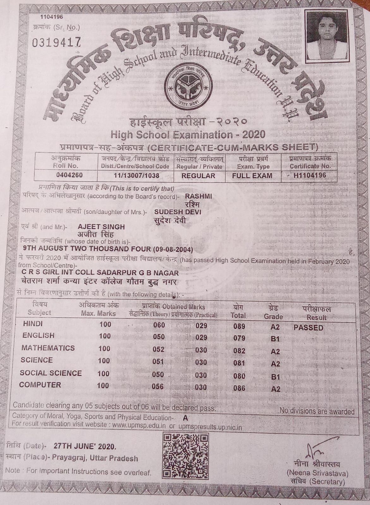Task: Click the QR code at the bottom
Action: (185, 455)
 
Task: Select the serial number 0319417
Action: (57, 42)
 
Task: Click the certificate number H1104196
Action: (309, 175)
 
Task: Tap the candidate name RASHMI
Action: (198, 196)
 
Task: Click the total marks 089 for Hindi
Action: (239, 326)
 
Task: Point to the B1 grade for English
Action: (275, 339)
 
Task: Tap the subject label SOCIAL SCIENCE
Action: (51, 373)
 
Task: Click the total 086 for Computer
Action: (239, 388)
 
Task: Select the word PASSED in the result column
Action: (308, 328)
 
